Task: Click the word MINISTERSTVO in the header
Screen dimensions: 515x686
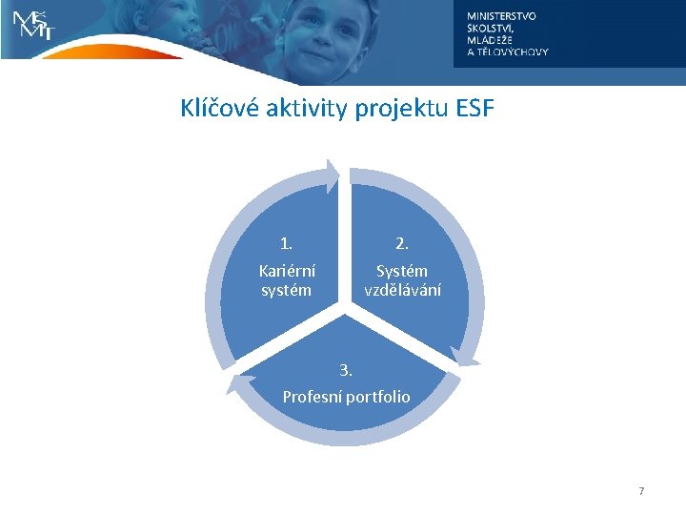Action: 501,16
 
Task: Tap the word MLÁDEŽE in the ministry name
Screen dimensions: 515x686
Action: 491,40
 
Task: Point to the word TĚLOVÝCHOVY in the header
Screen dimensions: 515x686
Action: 514,52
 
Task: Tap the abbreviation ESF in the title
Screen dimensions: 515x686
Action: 474,109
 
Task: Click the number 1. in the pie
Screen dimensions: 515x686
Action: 287,244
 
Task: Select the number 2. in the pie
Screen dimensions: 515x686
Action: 402,244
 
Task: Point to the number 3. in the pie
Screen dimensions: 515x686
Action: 346,370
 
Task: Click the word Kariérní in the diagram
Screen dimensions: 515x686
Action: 287,271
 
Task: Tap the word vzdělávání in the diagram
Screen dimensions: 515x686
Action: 402,290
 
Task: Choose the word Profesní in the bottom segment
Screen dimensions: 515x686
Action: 313,396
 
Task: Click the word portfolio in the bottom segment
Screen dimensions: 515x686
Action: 378,396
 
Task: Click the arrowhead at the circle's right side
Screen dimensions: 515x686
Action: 467,357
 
